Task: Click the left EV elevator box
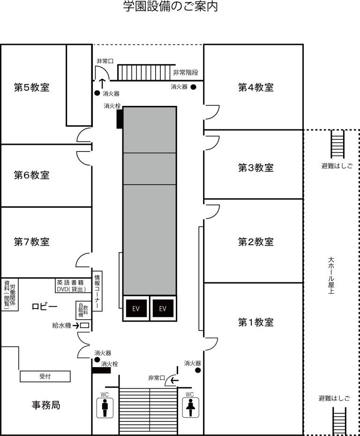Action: tap(136, 308)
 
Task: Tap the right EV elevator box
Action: tap(163, 308)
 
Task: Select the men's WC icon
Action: tap(105, 408)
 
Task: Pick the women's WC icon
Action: tap(190, 408)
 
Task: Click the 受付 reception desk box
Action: tap(45, 376)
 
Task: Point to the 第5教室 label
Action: tap(32, 87)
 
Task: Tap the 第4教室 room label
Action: tap(256, 87)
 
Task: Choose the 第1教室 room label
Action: tap(256, 322)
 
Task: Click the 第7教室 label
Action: tap(32, 241)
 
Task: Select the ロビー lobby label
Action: tap(45, 307)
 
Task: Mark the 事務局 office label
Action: tap(46, 405)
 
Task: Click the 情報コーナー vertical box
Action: tap(97, 291)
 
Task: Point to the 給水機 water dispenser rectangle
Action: tap(84, 325)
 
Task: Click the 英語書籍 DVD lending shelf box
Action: tap(74, 286)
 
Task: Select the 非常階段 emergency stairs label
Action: tap(186, 73)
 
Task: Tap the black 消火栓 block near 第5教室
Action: tap(120, 119)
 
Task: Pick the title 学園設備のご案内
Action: tap(171, 7)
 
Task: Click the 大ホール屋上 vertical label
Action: tap(331, 275)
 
